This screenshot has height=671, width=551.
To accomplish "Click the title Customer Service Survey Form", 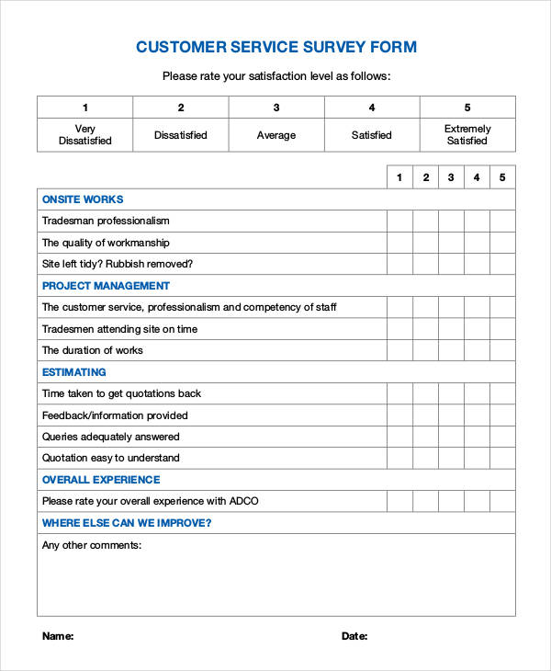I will tap(275, 47).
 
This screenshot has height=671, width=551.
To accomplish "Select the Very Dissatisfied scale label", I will tap(84, 135).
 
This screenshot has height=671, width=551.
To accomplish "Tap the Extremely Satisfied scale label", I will tap(467, 135).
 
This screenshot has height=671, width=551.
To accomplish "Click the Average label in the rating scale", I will tap(276, 135).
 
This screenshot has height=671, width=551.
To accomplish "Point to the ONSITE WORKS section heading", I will tap(83, 199).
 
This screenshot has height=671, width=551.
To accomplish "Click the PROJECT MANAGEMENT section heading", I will tap(106, 286).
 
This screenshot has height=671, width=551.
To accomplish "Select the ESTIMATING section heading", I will tap(74, 372).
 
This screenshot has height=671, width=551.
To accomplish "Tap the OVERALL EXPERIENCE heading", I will tap(101, 480).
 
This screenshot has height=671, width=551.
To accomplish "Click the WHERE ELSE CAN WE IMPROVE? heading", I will tap(127, 523).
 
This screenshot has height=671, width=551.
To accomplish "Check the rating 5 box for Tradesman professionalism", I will tap(502, 221).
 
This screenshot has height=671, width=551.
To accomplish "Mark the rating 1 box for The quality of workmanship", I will tap(399, 243).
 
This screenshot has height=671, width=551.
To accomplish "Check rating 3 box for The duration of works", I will tap(451, 350).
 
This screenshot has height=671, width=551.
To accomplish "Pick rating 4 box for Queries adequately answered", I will tap(477, 437).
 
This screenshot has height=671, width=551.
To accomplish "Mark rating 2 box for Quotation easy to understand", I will tap(425, 458).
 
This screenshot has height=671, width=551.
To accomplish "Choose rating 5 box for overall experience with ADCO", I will tap(502, 501).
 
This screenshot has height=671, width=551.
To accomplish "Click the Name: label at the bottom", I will tap(58, 636).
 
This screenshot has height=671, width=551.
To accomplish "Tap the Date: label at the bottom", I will tap(354, 636).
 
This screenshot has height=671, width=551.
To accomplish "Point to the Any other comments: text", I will tap(92, 545).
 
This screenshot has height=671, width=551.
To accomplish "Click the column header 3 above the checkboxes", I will tap(451, 177).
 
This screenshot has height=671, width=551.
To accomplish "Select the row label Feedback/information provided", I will tap(115, 415).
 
